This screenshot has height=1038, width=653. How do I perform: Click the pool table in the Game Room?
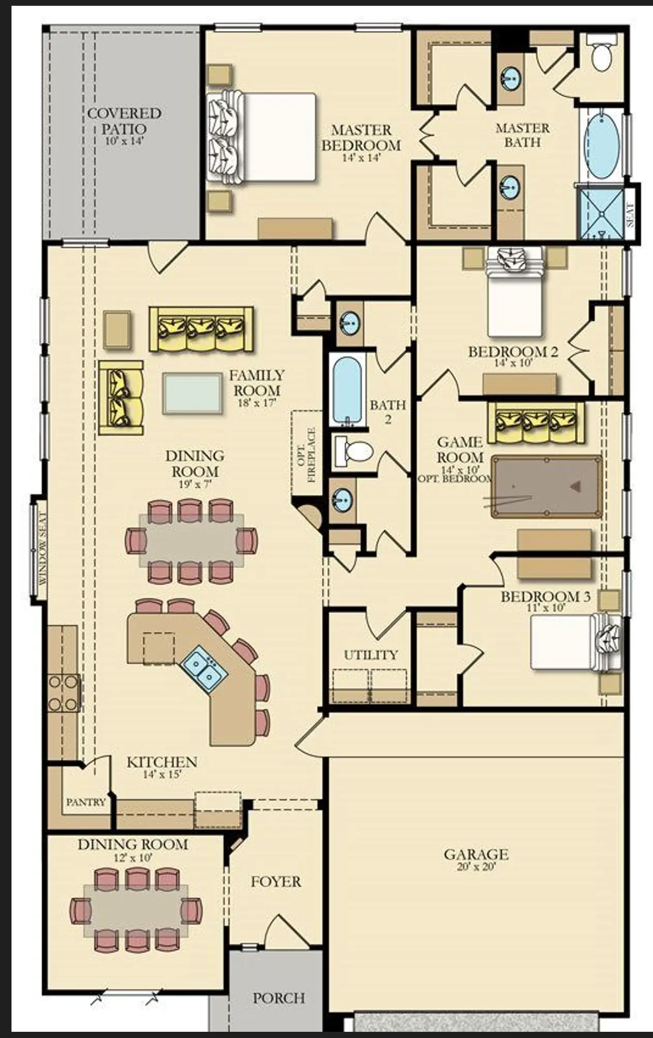[547, 486]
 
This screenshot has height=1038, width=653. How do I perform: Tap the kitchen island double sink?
[204, 668]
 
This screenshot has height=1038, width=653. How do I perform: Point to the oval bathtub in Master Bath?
[601, 146]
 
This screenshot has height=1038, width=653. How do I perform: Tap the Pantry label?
[86, 802]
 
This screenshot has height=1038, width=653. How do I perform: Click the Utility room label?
[371, 654]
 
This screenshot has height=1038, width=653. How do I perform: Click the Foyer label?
[276, 881]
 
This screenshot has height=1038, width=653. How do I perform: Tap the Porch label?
[279, 998]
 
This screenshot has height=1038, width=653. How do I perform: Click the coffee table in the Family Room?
[192, 393]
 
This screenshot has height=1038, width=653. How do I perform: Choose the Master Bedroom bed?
[261, 137]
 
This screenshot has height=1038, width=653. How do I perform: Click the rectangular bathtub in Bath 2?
[347, 390]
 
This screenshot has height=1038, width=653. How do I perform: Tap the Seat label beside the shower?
[630, 215]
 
